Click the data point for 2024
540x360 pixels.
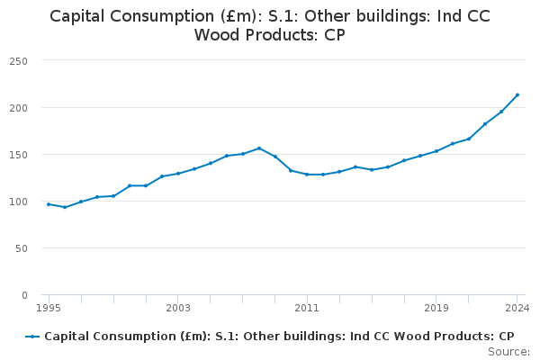click(517, 94)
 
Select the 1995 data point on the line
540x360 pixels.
click(49, 204)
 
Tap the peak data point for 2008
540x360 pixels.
click(259, 148)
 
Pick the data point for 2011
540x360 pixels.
click(307, 175)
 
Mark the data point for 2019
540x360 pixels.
click(436, 151)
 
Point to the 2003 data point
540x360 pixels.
click(178, 174)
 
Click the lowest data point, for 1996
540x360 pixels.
click(65, 207)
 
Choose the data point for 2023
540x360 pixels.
click(501, 112)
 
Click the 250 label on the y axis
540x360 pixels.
click(19, 61)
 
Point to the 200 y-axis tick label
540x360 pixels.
click(19, 108)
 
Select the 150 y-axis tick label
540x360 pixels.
click(19, 155)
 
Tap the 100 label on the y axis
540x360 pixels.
click(19, 202)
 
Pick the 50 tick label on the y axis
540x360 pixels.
click(22, 248)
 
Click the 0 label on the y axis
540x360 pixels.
click(24, 295)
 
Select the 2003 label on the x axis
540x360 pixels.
click(178, 308)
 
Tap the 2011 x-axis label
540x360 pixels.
click(307, 308)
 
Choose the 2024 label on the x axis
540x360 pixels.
click(517, 308)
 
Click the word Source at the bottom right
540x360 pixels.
click(508, 352)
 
